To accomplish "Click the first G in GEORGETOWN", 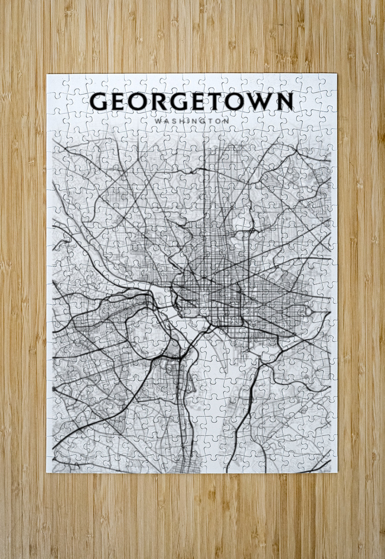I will click(x=99, y=102).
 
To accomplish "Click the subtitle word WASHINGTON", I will click(x=192, y=120).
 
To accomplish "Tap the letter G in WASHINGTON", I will click(x=202, y=120).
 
